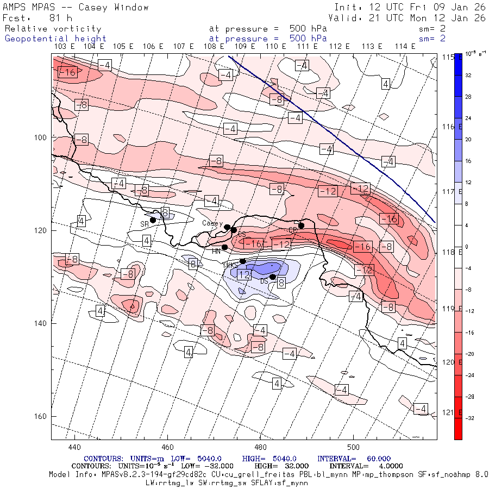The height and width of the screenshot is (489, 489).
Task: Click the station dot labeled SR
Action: [153, 220]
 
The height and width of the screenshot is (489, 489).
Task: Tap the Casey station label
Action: [212, 223]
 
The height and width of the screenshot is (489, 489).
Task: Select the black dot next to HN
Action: [224, 247]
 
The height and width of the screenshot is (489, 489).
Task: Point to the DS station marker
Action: [273, 277]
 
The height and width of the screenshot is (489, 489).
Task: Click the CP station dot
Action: [301, 225]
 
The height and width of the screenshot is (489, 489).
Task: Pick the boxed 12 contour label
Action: [244, 275]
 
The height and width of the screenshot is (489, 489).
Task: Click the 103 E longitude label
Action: [65, 47]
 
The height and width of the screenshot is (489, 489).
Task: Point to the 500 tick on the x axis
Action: [353, 447]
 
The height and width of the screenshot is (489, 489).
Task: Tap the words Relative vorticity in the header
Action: [53, 29]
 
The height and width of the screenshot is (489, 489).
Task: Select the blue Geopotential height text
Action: [55, 39]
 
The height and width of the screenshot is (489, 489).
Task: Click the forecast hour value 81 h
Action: [60, 17]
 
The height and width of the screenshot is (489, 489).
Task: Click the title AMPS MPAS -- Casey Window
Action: [76, 7]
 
